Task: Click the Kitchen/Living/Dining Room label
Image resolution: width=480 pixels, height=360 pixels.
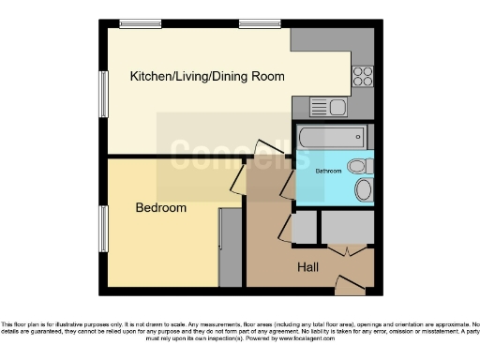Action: point(207,76)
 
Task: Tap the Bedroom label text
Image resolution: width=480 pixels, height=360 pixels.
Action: point(160,207)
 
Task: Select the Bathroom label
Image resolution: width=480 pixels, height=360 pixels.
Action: point(327,172)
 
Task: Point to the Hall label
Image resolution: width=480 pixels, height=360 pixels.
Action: point(307,267)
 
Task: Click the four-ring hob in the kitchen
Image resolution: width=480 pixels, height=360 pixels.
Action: point(363,77)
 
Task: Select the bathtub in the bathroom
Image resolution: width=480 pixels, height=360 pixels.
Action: point(333,138)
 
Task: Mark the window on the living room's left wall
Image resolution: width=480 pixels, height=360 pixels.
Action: point(103,95)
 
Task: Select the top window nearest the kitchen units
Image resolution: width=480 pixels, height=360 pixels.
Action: point(254,23)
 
